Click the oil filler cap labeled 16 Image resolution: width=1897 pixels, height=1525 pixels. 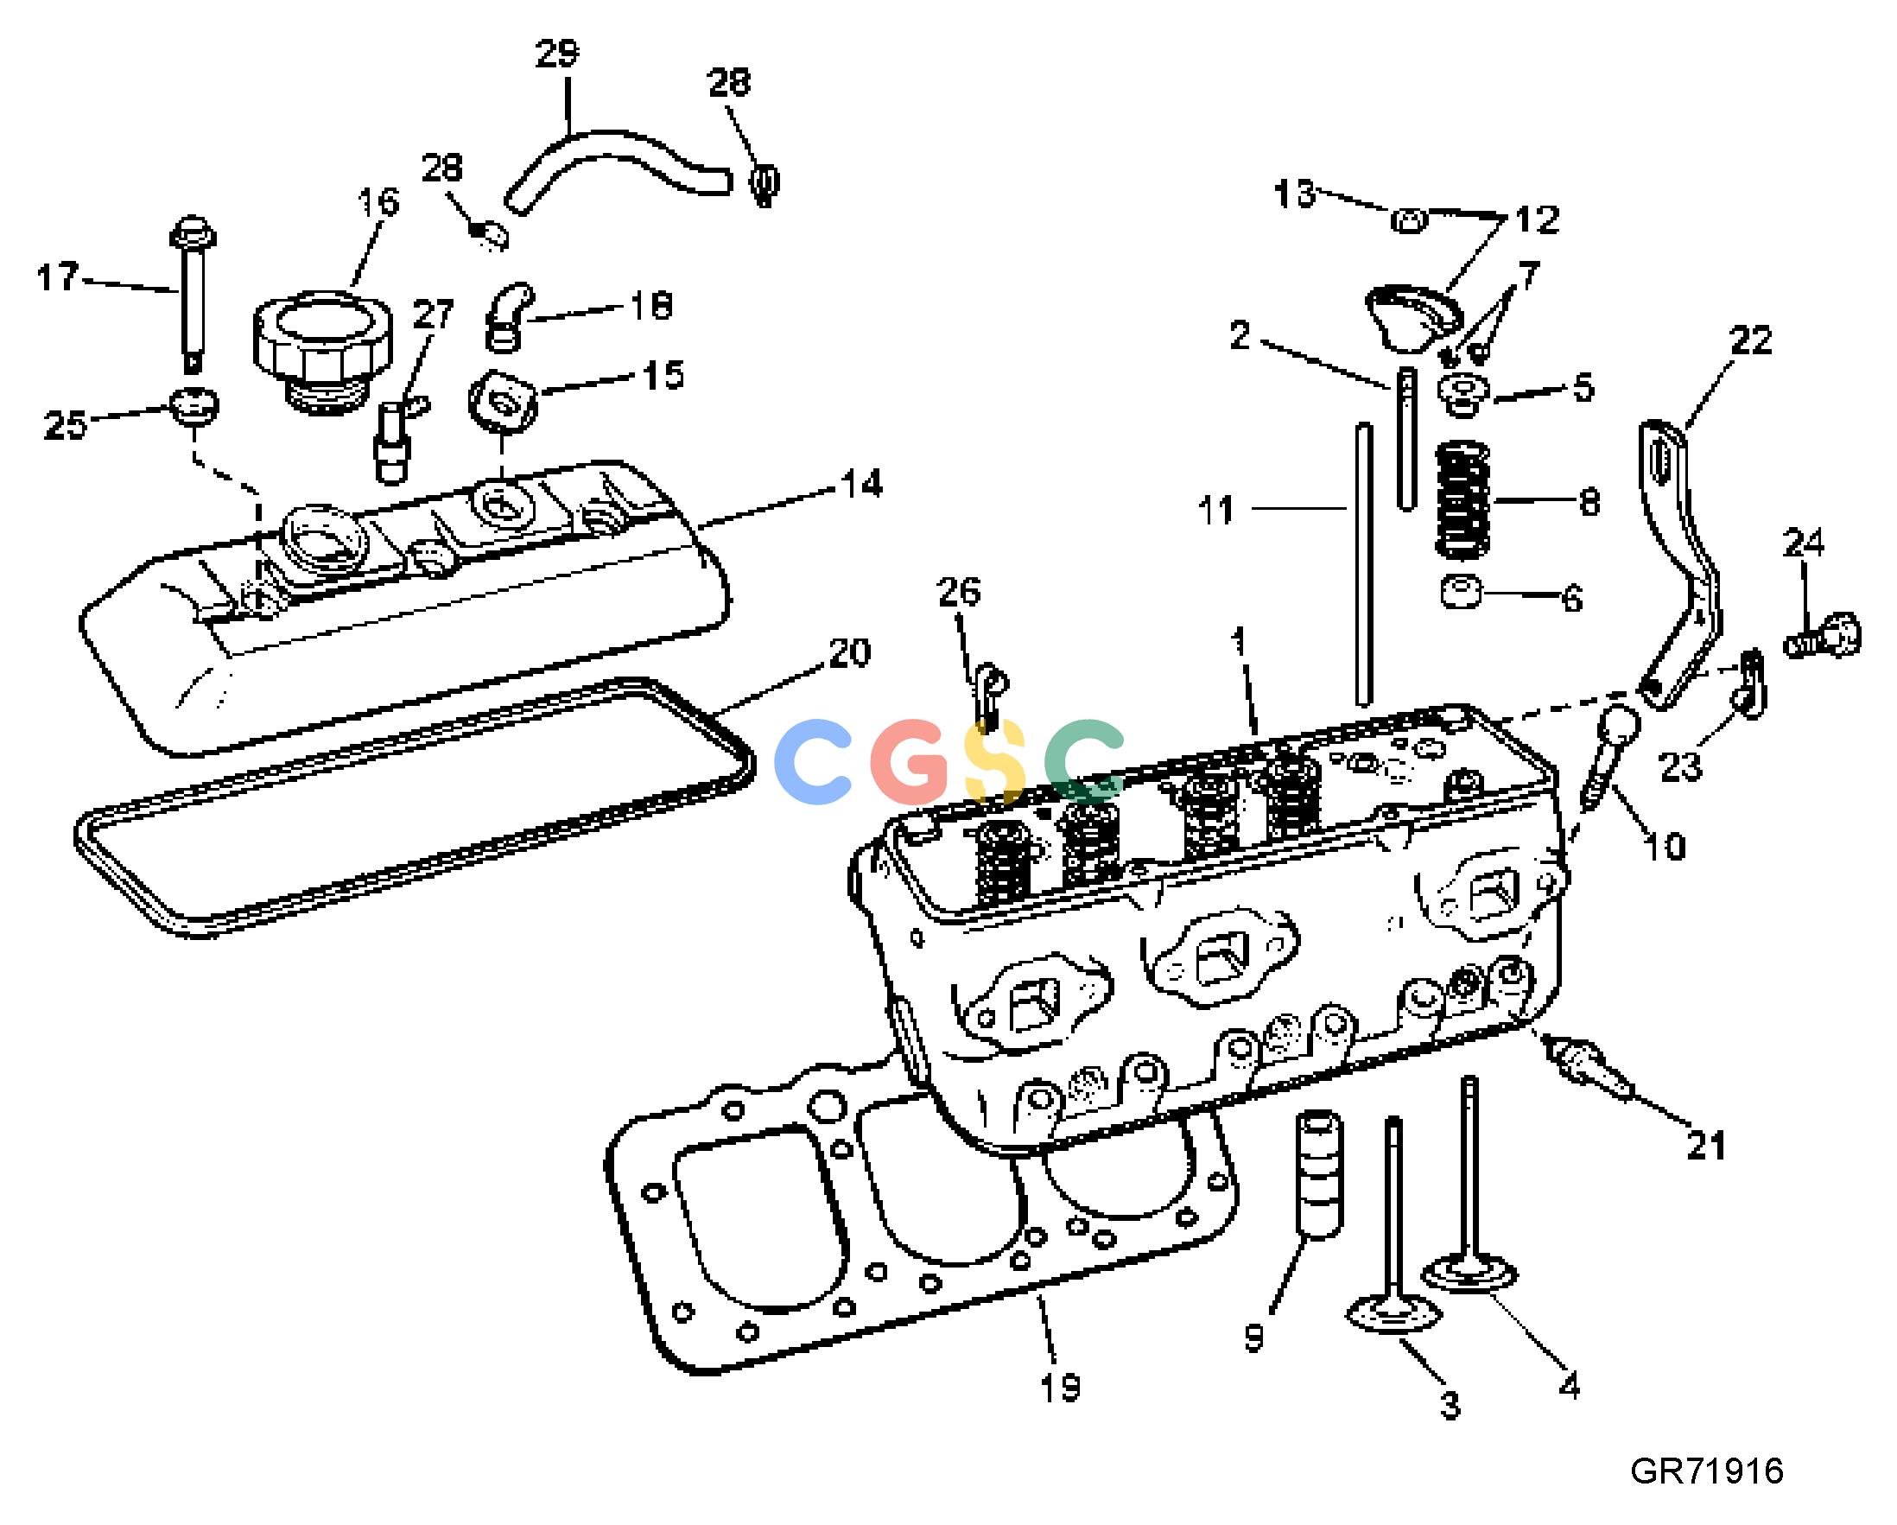[321, 348]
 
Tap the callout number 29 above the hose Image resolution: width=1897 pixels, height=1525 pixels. [558, 54]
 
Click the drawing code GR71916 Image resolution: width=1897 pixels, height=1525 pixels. [1708, 1471]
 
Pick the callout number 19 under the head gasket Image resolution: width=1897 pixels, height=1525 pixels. [1060, 1388]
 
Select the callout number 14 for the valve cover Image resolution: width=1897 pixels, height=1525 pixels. [861, 484]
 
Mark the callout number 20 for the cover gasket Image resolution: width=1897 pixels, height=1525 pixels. [849, 653]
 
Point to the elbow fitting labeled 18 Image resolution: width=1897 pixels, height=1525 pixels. [509, 315]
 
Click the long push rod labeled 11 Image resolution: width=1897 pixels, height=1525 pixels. [1364, 565]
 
